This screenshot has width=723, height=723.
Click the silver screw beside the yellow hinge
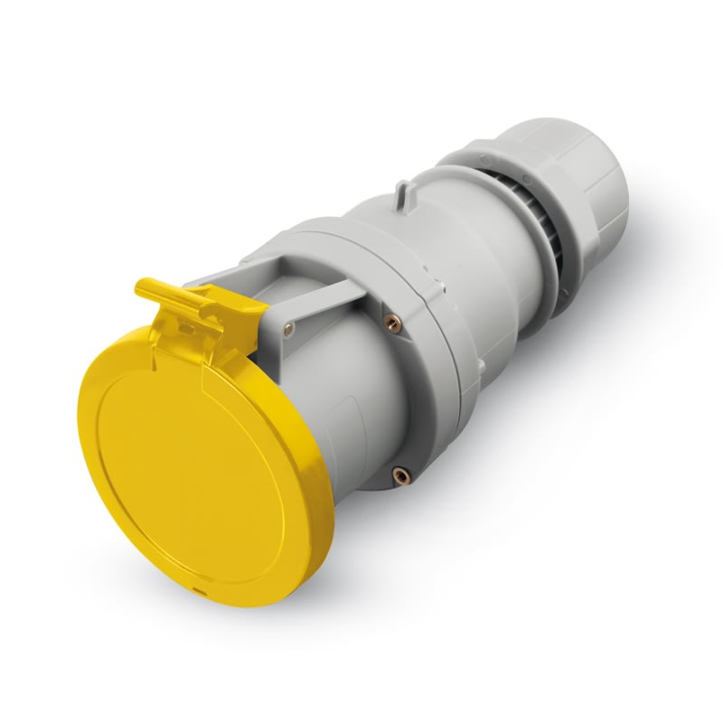pos(288,327)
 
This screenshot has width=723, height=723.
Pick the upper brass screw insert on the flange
pos(391,319)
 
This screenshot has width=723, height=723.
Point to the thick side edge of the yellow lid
pos(321,506)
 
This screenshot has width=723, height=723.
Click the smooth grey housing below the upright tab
pos(425,244)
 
